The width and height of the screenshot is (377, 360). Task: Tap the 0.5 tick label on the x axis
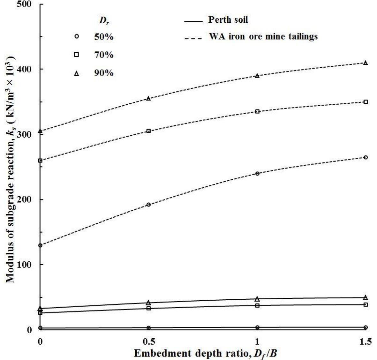(x=148, y=342)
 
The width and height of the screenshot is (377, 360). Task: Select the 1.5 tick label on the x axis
(x=366, y=342)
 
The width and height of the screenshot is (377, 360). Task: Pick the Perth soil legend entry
(x=228, y=20)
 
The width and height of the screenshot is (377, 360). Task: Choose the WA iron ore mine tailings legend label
(x=263, y=36)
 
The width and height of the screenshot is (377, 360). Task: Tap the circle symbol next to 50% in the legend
(x=76, y=37)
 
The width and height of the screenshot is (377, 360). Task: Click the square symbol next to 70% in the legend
(x=76, y=55)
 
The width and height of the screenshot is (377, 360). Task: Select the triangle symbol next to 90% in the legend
(x=76, y=73)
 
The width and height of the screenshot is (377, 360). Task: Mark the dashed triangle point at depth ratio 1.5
(x=366, y=63)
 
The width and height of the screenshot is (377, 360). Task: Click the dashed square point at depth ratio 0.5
(x=148, y=131)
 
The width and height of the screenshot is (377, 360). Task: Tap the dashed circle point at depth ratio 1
(x=257, y=173)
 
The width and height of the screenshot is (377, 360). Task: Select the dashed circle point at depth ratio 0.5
(x=148, y=205)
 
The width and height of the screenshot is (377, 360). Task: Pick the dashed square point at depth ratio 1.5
(x=366, y=102)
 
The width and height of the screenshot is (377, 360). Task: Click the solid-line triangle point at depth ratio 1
(x=257, y=299)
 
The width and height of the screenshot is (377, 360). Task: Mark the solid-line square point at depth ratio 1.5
(x=366, y=304)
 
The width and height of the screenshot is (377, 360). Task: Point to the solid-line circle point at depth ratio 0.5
(x=148, y=328)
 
